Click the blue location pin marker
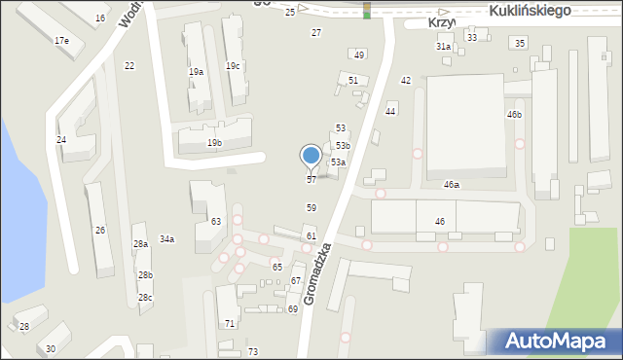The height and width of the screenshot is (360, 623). coord(311,156)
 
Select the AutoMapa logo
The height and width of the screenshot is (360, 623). coord(554,342)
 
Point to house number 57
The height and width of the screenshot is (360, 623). coord(311,180)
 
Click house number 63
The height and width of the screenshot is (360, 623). coord(216,222)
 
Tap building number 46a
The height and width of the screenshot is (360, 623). coord(452,184)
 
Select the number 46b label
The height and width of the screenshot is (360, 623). coord(514,115)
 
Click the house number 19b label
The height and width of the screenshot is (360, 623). coord(214,143)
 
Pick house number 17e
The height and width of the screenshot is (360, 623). coord(61,41)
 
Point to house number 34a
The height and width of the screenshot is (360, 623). coord(167,239)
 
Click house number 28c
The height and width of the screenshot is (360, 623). coord(145,298)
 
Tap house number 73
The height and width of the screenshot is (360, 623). coord(253,351)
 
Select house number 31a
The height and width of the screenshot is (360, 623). coord(443,46)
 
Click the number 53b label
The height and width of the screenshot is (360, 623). coord(344,145)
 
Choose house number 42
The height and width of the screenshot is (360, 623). coord(406,81)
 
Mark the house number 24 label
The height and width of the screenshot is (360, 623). coord(61,140)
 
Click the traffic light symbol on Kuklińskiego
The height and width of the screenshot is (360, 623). coord(367,10)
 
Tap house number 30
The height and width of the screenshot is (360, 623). coord(51,348)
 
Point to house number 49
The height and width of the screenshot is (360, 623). coord(359,55)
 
